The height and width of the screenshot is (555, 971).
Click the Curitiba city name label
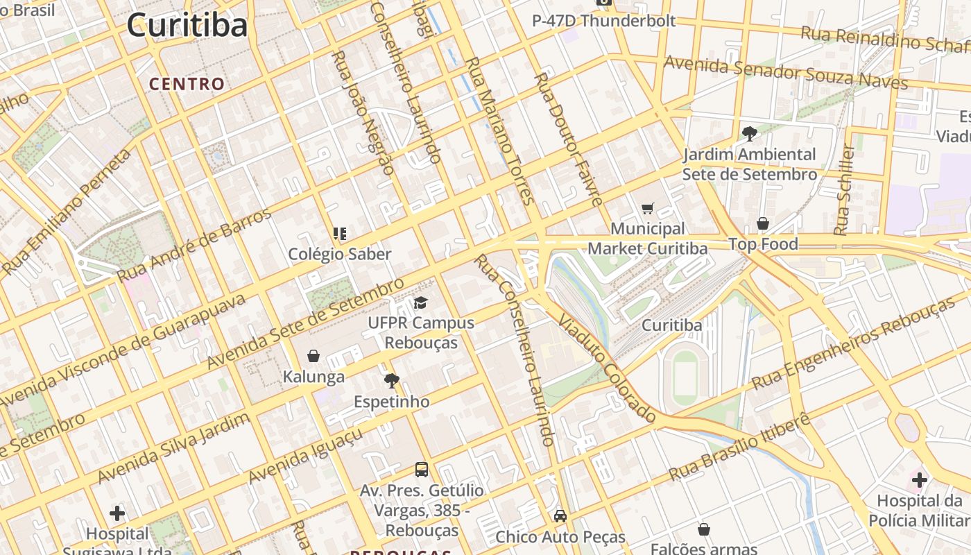pos(187,26)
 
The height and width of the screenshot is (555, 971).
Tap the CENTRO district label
pos(187,85)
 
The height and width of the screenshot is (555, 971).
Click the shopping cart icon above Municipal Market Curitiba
pos(648,208)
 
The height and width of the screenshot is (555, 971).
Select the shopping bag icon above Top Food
pos(762,223)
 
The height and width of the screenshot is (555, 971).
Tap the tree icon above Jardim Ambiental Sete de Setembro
pos(749,133)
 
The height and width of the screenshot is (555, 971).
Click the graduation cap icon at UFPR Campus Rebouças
pos(420,302)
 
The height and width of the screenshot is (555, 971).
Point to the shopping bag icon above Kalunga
pos(313,356)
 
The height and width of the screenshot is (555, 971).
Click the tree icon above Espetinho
pos(392,380)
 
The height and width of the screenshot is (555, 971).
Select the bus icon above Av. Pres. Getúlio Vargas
pos(421,469)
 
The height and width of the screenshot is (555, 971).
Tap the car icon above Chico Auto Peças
pos(560,516)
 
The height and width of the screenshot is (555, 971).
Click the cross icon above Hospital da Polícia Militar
pos(919,479)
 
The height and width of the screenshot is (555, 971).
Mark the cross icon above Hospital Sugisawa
pos(117,513)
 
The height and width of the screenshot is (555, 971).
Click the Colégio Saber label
pos(340,254)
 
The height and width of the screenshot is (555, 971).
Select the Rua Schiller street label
pos(844,189)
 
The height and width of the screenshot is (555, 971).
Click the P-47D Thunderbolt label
pos(603,21)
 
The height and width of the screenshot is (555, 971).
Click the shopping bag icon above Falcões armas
pos(704,530)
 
